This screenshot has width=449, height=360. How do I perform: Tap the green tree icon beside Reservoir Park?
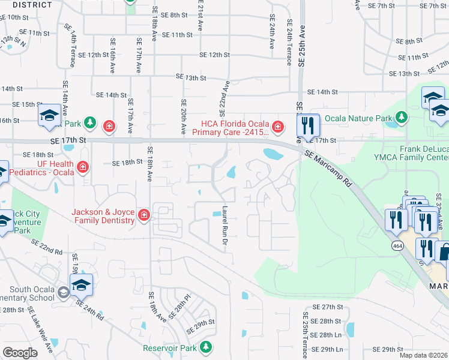pos(206,347)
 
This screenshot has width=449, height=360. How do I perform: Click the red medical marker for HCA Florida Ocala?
pos(277,126)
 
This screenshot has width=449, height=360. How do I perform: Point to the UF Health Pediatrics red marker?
pos(83,166)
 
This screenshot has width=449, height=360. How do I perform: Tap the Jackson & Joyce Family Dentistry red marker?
pos(143,215)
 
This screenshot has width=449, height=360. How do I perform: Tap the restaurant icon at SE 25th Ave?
pos(307,125)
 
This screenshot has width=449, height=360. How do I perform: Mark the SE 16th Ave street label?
pos(112,56)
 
